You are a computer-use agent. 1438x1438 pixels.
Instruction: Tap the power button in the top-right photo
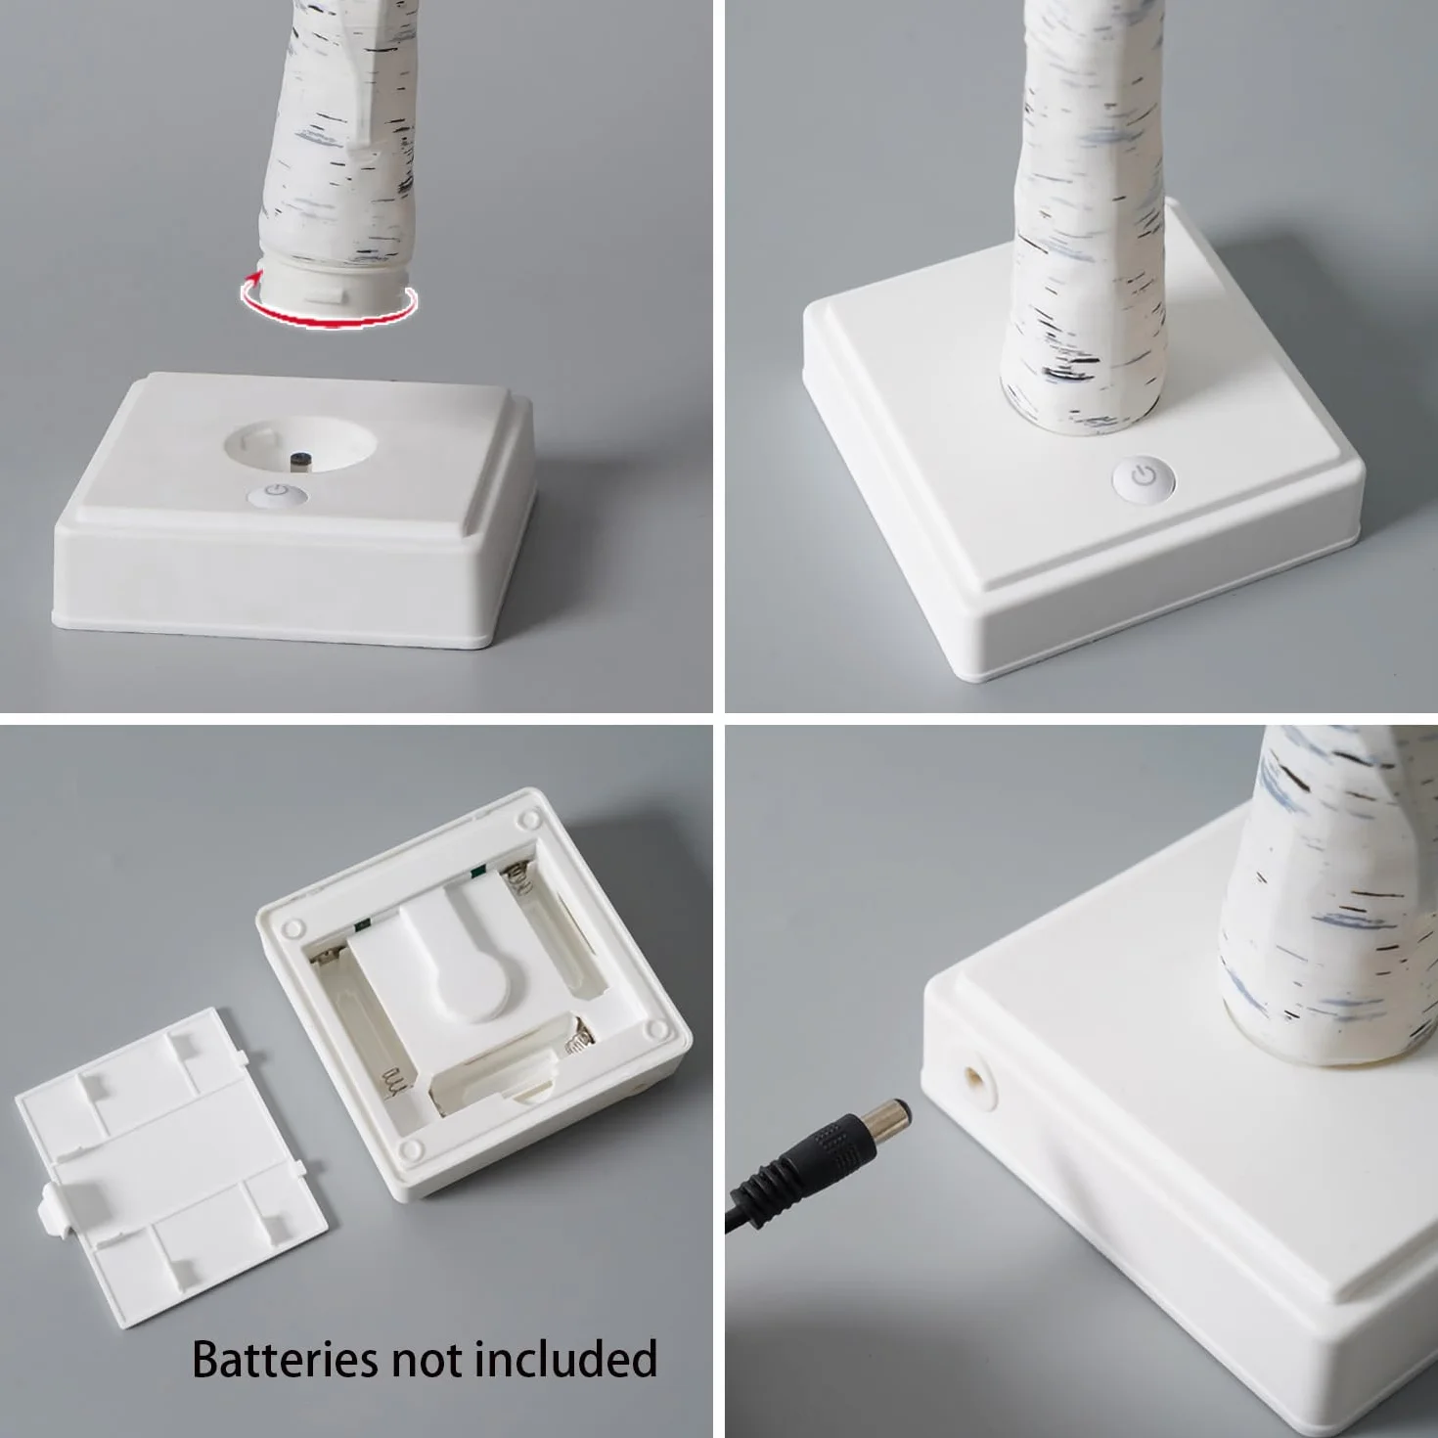coord(1144,475)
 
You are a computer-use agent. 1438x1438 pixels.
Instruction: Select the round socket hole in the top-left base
coord(300,445)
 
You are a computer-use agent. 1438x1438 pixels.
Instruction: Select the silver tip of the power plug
coord(888,1115)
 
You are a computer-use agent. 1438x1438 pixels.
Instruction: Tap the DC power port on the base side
coord(976,1081)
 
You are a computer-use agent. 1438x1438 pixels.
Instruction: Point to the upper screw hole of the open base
coord(530,819)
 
